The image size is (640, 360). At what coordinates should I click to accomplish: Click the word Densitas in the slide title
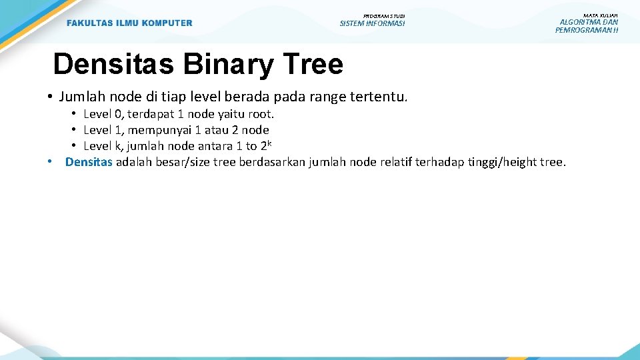(x=113, y=65)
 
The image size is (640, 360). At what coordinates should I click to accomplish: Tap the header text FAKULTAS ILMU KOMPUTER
(x=129, y=23)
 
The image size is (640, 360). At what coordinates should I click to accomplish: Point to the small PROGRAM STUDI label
(x=383, y=15)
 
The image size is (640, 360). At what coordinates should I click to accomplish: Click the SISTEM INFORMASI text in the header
(x=372, y=24)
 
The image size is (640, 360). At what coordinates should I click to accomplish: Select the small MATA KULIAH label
(x=600, y=15)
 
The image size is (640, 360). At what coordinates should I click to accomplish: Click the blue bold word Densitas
(x=89, y=162)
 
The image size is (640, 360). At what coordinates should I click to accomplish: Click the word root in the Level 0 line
(x=260, y=114)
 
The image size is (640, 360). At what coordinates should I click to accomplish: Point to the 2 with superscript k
(x=265, y=145)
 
